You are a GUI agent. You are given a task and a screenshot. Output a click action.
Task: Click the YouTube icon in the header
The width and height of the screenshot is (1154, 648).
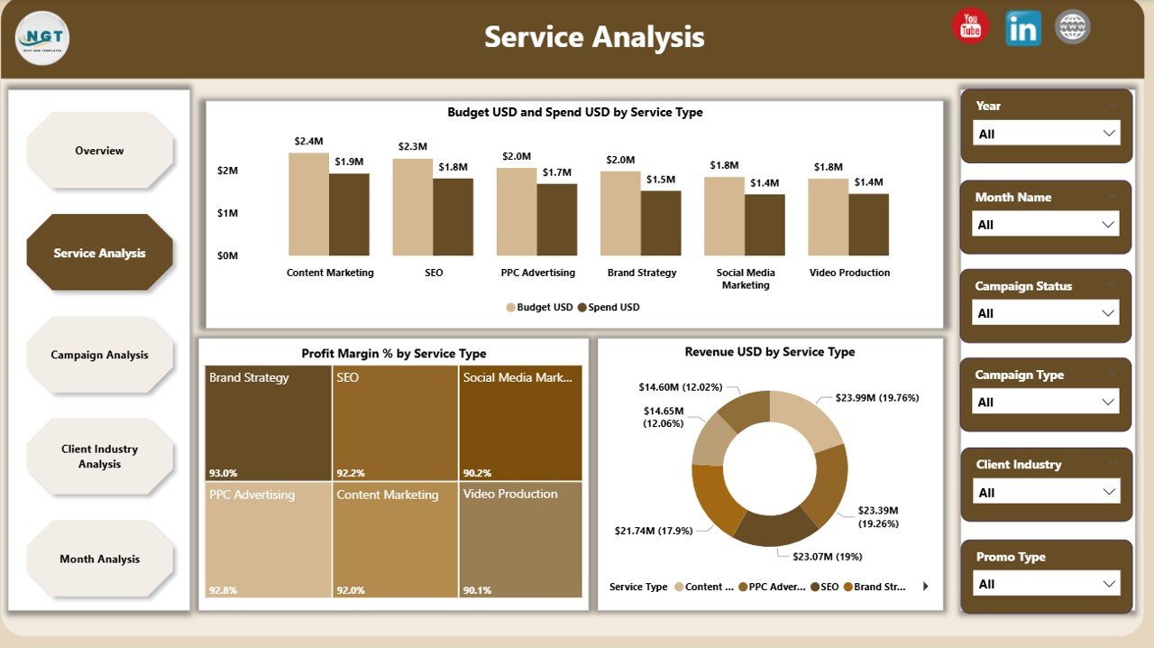coord(970,26)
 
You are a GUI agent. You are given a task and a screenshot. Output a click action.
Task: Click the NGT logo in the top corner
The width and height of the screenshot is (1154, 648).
coord(42,38)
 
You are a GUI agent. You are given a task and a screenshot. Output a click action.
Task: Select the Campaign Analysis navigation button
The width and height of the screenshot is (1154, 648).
coord(99,355)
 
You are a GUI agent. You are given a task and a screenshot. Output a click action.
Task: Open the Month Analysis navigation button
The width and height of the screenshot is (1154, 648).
coord(99,559)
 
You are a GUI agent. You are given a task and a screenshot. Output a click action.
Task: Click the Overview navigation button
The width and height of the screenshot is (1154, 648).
coord(99,151)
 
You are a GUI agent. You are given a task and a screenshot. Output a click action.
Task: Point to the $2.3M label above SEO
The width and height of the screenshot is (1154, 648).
coord(412,146)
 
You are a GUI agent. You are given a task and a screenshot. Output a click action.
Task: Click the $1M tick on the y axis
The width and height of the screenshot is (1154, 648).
coord(227,213)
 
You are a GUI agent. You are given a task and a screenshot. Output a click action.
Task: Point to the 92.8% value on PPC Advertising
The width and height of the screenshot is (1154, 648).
coord(223,589)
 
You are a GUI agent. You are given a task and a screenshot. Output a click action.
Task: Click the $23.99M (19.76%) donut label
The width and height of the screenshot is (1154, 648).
coord(876,397)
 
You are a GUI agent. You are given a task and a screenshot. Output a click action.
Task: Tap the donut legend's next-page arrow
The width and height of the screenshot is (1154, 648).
coord(925,587)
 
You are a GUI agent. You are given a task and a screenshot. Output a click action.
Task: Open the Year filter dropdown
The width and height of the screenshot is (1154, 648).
coord(1046,134)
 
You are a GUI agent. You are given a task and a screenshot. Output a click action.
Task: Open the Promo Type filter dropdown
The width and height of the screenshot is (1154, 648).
coord(1046,584)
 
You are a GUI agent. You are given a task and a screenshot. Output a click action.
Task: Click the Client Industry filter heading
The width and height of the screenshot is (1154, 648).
coord(1018,464)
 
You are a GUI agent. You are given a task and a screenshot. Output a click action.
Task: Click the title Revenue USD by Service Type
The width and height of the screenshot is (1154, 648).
coord(769,352)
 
